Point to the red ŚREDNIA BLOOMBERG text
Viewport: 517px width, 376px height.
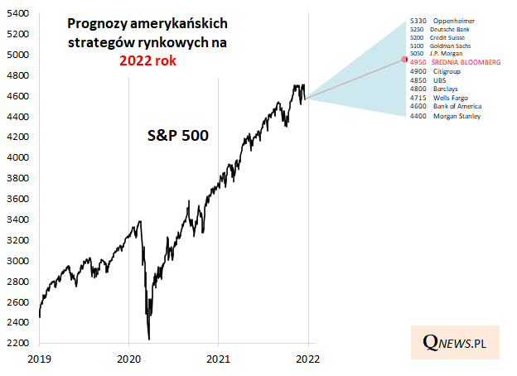pyautogui.click(x=461, y=62)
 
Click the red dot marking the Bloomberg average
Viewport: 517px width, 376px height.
pyautogui.click(x=404, y=59)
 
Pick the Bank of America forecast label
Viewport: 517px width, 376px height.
pyautogui.click(x=446, y=106)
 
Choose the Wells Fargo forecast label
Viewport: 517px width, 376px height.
pyautogui.click(x=440, y=98)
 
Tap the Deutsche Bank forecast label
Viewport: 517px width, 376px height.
pyautogui.click(x=440, y=28)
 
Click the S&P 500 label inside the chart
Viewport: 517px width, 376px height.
pyautogui.click(x=172, y=135)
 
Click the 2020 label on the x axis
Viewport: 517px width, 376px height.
pyautogui.click(x=129, y=360)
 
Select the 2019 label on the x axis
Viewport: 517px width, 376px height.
pyautogui.click(x=40, y=360)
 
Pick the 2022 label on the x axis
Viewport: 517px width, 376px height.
pyautogui.click(x=307, y=360)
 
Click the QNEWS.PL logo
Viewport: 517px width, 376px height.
pyautogui.click(x=455, y=342)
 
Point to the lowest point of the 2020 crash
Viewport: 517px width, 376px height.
pyautogui.click(x=149, y=339)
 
